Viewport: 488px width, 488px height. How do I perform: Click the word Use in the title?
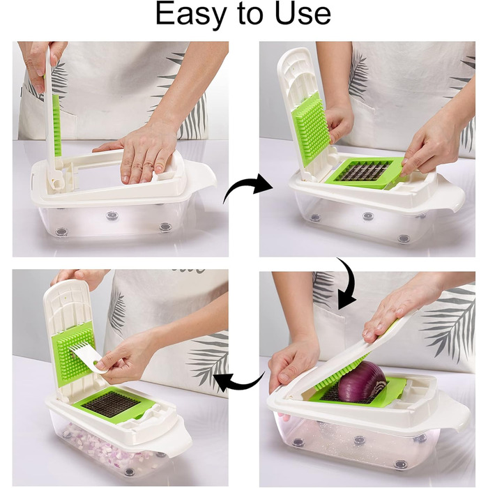click(303, 14)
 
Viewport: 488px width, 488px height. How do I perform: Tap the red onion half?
click(363, 382)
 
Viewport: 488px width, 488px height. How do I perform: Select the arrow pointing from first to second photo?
click(247, 187)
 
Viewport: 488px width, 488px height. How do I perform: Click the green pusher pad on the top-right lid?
click(310, 128)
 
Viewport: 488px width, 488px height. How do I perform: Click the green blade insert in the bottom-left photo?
click(115, 405)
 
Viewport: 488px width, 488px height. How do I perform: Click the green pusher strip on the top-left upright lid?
click(56, 125)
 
